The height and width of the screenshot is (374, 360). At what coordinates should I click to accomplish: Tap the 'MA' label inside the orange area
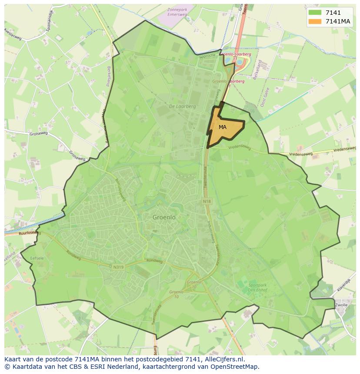(x=223, y=127)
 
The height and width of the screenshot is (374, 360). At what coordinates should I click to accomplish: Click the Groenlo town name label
(x=164, y=217)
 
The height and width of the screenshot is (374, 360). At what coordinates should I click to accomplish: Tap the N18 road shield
(x=207, y=202)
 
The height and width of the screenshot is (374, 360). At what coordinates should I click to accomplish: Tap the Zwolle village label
(x=341, y=305)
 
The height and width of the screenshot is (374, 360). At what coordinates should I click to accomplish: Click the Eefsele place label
(x=37, y=258)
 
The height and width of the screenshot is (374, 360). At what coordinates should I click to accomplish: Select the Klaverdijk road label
(x=343, y=285)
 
